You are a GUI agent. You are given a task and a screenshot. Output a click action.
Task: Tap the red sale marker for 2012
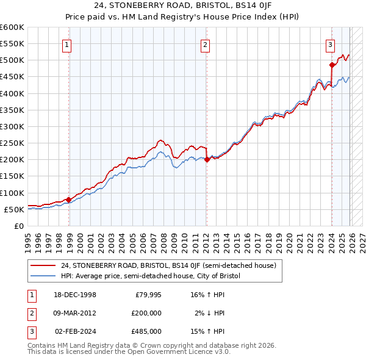click(x=207, y=159)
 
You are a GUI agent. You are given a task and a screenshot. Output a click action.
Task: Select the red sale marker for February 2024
click(x=332, y=65)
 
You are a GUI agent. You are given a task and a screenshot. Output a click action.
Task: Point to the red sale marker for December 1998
click(x=68, y=199)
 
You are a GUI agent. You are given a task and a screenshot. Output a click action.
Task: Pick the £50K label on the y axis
click(x=14, y=209)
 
